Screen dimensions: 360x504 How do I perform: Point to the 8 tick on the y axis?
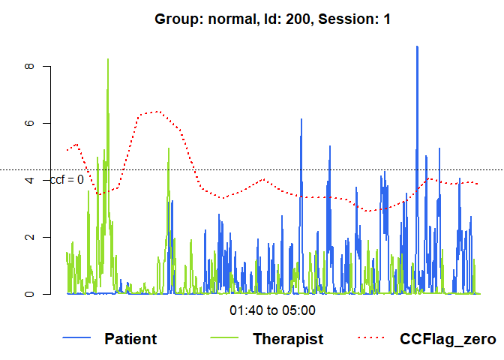point(29,66)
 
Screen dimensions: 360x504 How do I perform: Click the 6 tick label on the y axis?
point(29,123)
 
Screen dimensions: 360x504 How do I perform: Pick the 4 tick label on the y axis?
point(29,180)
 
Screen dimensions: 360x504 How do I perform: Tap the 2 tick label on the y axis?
point(29,237)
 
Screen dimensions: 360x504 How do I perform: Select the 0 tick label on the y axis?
point(29,294)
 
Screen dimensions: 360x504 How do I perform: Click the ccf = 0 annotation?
point(67,180)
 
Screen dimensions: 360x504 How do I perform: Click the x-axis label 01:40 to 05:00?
point(272,310)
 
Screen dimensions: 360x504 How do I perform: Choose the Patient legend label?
point(130,339)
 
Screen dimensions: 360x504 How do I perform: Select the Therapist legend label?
point(288,339)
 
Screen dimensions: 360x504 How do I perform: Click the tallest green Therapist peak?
point(108,59)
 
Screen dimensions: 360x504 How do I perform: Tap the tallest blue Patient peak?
point(417,46)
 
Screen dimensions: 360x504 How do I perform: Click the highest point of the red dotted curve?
point(157,112)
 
